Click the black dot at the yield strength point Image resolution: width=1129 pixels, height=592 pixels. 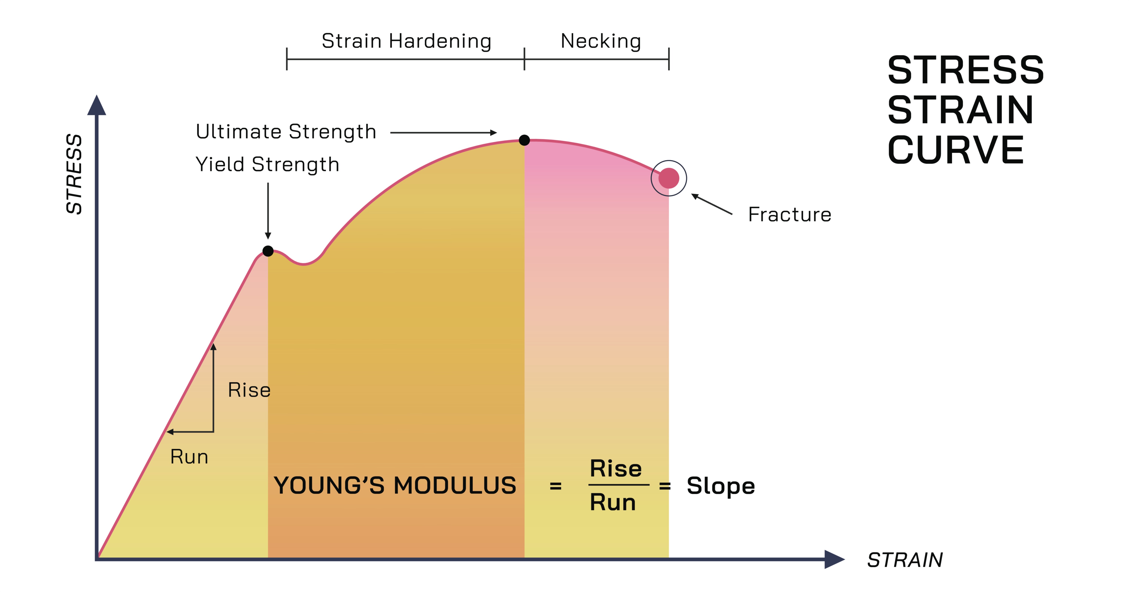[268, 251]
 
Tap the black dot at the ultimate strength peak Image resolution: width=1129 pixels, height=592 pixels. [524, 140]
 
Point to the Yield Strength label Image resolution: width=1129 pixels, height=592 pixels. [267, 165]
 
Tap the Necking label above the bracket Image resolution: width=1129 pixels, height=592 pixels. [601, 41]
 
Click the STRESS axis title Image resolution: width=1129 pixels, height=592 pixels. [74, 174]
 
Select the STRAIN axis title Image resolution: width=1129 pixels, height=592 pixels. [905, 560]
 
